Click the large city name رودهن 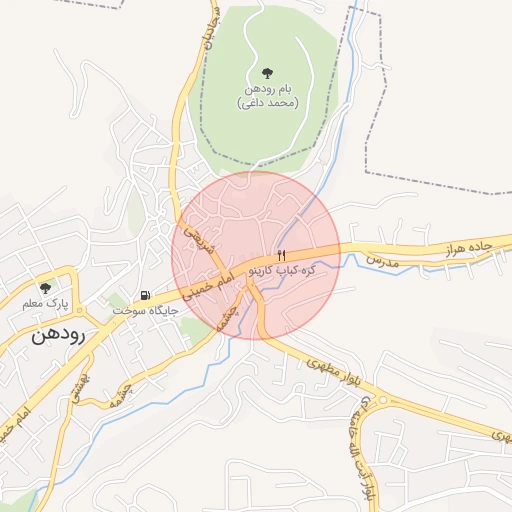pyautogui.click(x=59, y=333)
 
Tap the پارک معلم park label pyautogui.click(x=41, y=303)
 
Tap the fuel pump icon pyautogui.click(x=146, y=296)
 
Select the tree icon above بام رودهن pyautogui.click(x=267, y=73)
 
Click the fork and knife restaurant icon pyautogui.click(x=281, y=256)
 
